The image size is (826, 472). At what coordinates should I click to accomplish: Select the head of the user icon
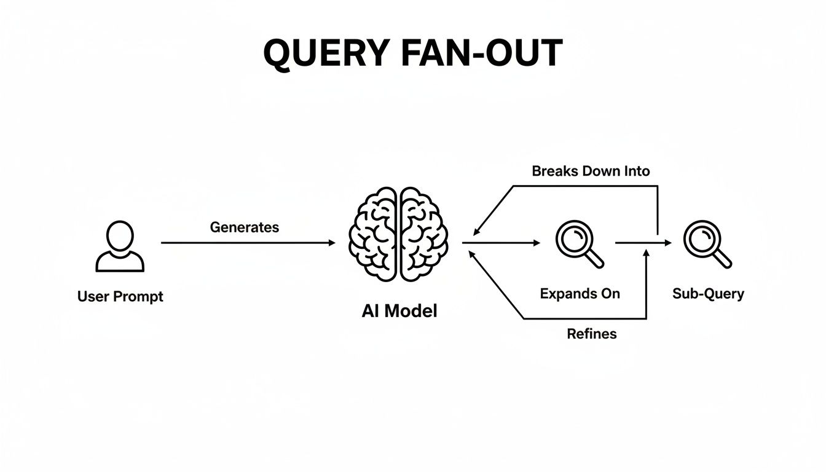(x=120, y=235)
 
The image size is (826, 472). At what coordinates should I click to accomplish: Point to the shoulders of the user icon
(x=120, y=262)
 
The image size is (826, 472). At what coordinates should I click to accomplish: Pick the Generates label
(x=245, y=227)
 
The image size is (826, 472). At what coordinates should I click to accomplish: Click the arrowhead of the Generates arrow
(x=332, y=243)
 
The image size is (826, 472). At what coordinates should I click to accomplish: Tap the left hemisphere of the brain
(x=374, y=235)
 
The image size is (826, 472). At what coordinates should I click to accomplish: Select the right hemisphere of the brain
(x=424, y=235)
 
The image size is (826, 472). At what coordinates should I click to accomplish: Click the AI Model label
(x=399, y=311)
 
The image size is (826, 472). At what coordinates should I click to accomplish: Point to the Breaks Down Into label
(x=591, y=171)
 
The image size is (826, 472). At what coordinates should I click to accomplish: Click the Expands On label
(x=580, y=294)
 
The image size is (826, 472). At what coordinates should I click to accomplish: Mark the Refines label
(x=591, y=334)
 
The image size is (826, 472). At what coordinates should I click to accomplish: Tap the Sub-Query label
(x=708, y=294)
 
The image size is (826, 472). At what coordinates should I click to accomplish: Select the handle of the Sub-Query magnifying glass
(x=723, y=259)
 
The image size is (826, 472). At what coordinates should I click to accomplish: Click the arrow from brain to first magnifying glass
(x=501, y=243)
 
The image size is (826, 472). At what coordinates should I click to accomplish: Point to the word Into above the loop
(x=636, y=171)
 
